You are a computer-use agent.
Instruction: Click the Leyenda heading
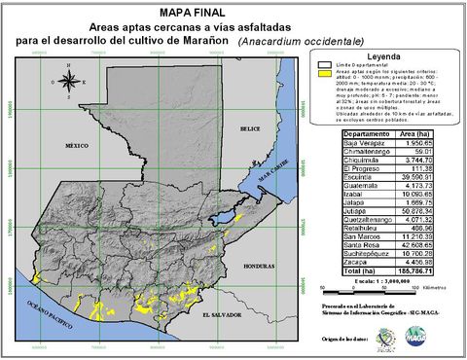click(x=380, y=57)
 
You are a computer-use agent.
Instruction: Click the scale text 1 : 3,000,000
click(x=402, y=280)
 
